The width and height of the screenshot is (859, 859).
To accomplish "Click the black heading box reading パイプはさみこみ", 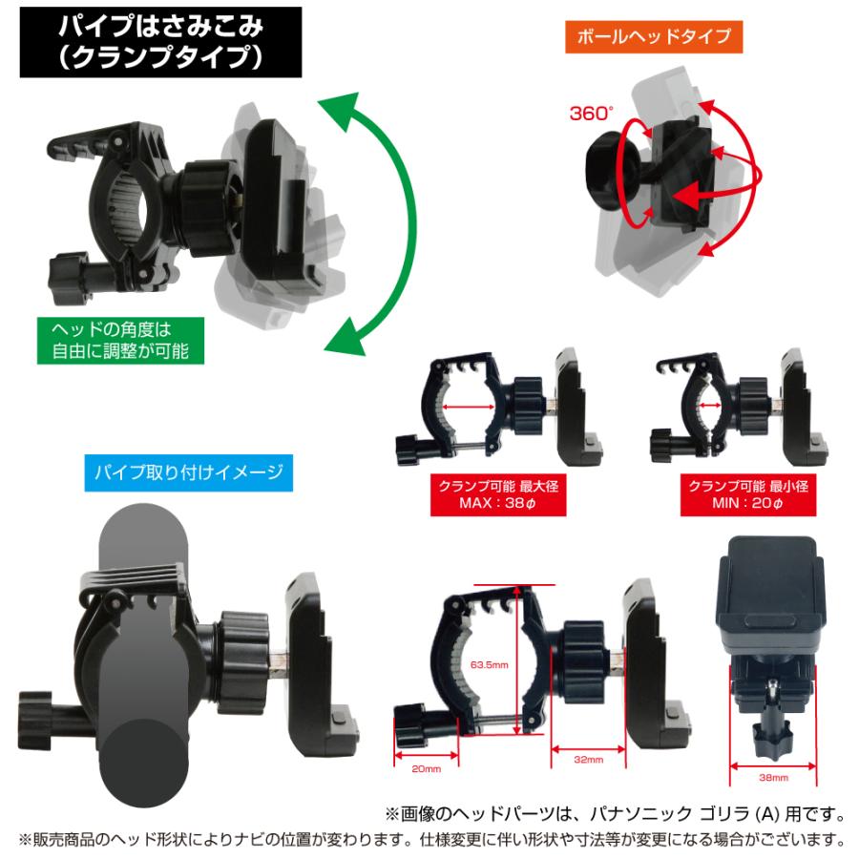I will pos(160,42).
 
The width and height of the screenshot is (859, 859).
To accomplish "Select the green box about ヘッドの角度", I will pos(119,340).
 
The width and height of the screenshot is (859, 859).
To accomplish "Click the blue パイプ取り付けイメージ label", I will pos(189,471).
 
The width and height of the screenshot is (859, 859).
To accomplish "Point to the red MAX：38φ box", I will pos(497,494).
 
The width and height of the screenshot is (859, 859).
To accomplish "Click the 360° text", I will pos(590,114).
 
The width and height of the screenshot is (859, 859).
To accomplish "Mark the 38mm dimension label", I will pos(773,778).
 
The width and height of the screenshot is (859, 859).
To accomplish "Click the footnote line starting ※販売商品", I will pos(430,840).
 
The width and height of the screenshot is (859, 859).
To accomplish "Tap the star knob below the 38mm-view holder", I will pos(770,734).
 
